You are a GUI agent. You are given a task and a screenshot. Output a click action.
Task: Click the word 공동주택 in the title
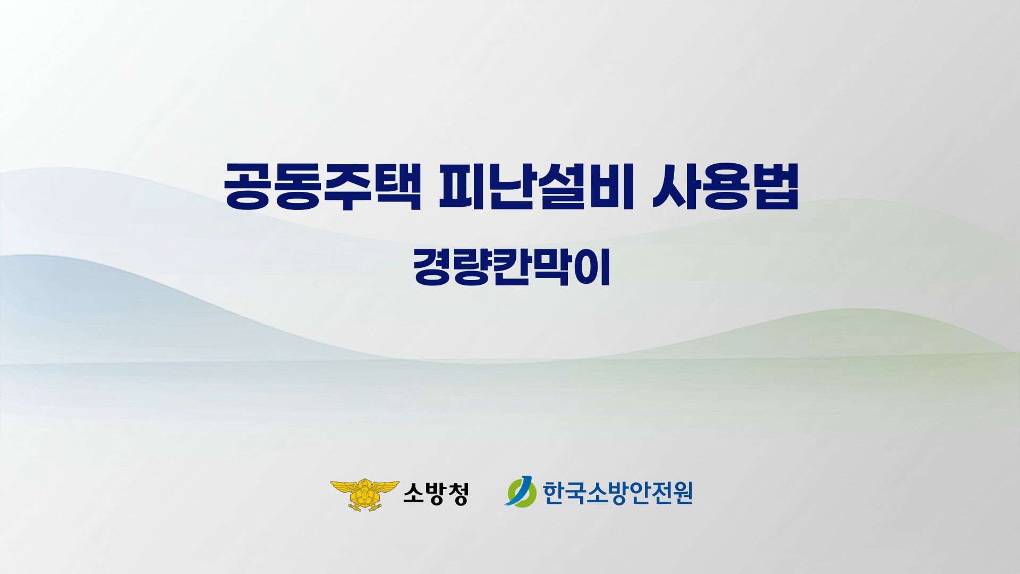tap(322, 186)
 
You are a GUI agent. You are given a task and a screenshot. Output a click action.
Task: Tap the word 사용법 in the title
tap(725, 186)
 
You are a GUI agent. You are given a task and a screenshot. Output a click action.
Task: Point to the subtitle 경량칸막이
tap(511, 269)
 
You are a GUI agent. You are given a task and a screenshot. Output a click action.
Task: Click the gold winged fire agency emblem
tap(364, 494)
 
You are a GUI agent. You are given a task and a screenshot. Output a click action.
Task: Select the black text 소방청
tap(436, 494)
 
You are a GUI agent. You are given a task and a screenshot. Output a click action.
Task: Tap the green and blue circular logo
tap(520, 493)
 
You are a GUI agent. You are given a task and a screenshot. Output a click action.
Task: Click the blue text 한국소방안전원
tap(618, 493)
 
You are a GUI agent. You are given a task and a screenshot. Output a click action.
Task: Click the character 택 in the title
tap(397, 186)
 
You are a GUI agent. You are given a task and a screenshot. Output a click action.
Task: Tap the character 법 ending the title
tap(775, 186)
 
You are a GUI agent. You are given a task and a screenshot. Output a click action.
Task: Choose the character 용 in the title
tap(725, 186)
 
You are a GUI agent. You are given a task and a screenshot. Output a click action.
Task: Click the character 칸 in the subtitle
tap(511, 269)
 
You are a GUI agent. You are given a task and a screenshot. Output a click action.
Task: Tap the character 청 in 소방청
tap(458, 494)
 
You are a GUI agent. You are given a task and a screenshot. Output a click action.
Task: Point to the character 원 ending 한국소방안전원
tap(683, 493)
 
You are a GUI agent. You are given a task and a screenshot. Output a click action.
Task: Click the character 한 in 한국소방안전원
tap(553, 493)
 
